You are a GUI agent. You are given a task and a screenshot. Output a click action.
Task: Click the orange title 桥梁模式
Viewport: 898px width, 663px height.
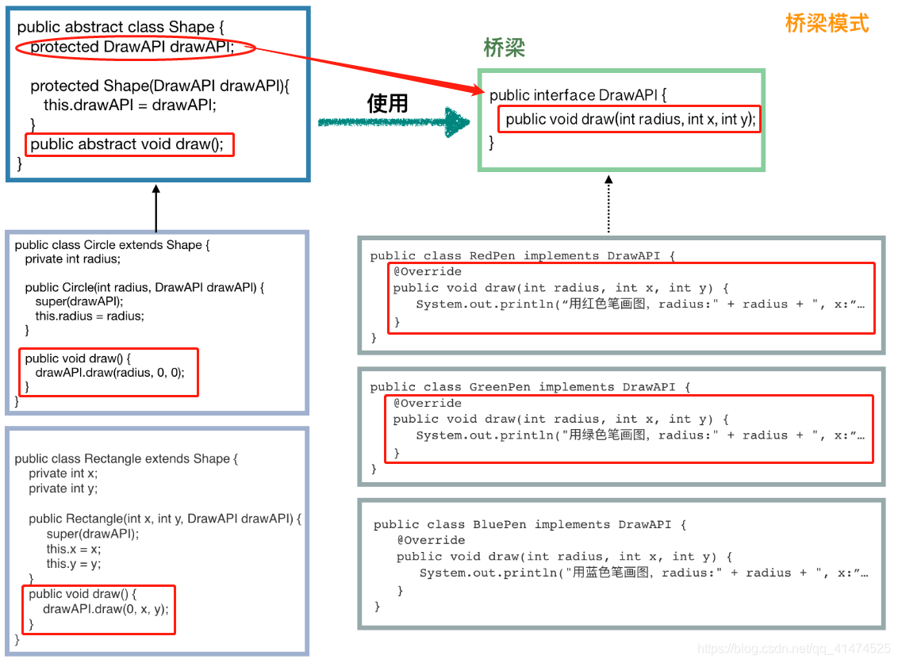(x=827, y=23)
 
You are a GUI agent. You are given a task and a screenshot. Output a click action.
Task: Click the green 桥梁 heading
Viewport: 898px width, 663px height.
(x=505, y=48)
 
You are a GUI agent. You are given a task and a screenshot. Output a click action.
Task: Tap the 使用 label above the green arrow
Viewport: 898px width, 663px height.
(x=387, y=103)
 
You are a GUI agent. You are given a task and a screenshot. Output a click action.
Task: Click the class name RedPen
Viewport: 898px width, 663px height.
(x=492, y=256)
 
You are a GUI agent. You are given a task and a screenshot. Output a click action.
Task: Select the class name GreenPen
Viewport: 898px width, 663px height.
(x=500, y=387)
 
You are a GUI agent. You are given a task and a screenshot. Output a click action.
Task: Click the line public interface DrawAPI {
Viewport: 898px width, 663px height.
(x=578, y=95)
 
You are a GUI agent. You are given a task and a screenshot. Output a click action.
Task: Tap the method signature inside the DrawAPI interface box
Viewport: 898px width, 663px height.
(x=631, y=119)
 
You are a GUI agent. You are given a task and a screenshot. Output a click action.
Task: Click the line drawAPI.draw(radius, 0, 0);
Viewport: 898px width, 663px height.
(x=109, y=372)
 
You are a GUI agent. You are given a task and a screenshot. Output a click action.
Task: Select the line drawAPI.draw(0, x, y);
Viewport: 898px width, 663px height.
(x=106, y=609)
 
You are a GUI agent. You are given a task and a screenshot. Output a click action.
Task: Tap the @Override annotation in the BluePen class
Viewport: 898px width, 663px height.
(x=432, y=540)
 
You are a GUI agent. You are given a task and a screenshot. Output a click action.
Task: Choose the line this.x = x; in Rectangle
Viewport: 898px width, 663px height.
(x=74, y=549)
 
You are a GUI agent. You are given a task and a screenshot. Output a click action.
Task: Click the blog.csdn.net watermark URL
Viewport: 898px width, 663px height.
(x=793, y=649)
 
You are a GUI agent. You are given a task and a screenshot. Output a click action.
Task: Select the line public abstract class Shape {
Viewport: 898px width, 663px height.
(x=121, y=27)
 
